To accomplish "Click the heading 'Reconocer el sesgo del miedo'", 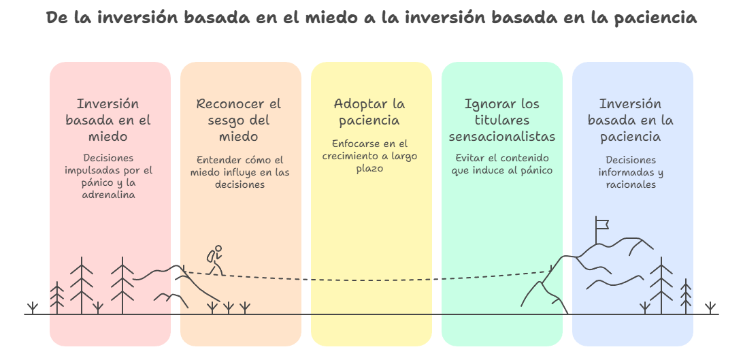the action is pyautogui.click(x=238, y=120).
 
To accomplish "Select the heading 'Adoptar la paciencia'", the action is pyautogui.click(x=369, y=112).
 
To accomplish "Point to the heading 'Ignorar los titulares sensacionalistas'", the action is pyautogui.click(x=502, y=120).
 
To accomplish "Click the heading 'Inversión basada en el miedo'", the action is pyautogui.click(x=108, y=120).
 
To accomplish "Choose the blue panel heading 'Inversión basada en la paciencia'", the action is pyautogui.click(x=630, y=120).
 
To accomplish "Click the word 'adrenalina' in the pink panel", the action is pyautogui.click(x=108, y=194).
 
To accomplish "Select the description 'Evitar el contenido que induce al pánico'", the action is pyautogui.click(x=502, y=164).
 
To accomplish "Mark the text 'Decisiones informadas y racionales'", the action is pyautogui.click(x=630, y=172).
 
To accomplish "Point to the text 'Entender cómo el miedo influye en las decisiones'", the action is pyautogui.click(x=240, y=172).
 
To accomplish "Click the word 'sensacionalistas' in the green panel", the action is pyautogui.click(x=502, y=136).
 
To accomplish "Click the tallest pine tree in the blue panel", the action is pyautogui.click(x=661, y=286).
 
